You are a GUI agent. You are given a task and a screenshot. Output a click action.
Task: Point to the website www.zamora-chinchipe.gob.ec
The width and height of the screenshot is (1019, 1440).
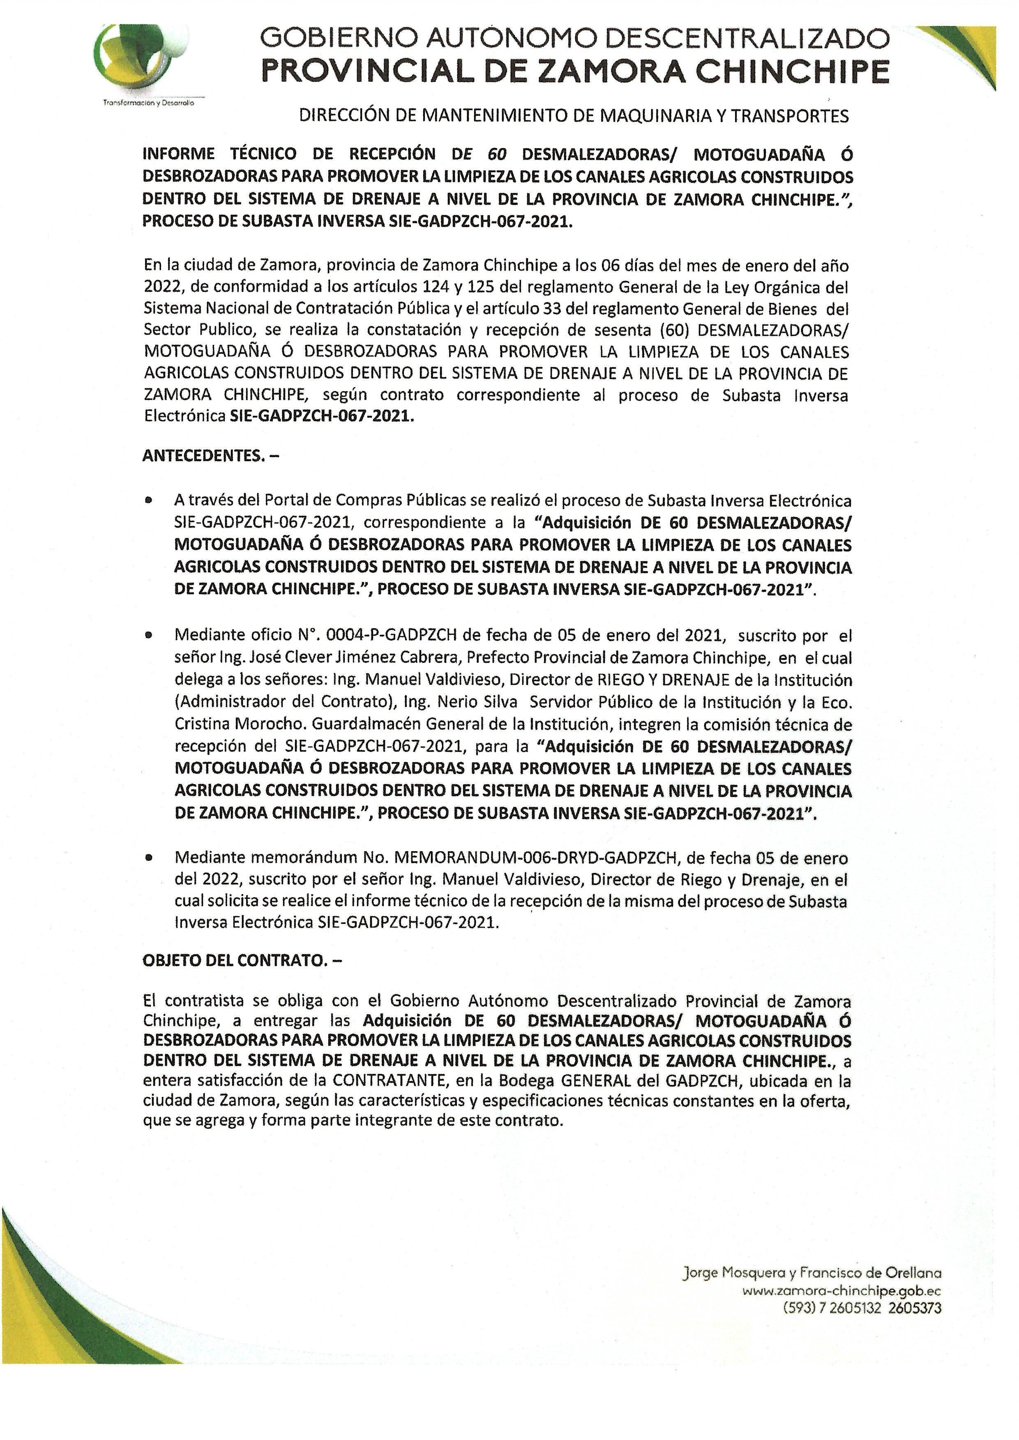point(841,1291)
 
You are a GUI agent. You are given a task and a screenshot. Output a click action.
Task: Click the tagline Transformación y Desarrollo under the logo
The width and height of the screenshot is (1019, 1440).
point(149,103)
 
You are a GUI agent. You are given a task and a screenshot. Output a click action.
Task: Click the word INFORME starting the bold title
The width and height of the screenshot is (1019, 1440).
point(179,154)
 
